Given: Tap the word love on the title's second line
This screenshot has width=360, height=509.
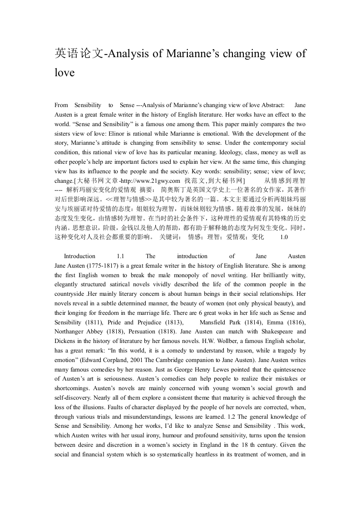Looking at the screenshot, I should click(x=64, y=72).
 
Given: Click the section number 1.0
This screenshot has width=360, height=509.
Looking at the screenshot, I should click(x=284, y=237).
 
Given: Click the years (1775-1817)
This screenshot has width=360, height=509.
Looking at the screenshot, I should click(x=99, y=265).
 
